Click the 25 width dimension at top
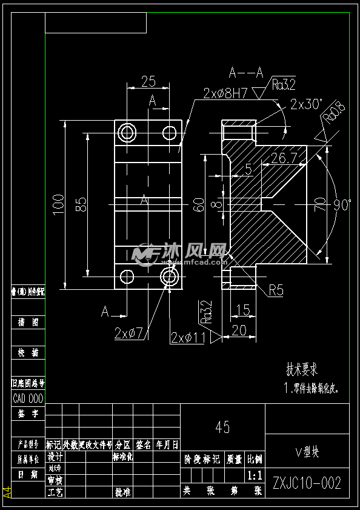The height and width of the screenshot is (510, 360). pyautogui.click(x=148, y=81)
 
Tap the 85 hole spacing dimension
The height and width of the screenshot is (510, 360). pyautogui.click(x=81, y=204)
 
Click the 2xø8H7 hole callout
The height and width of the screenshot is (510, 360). pyautogui.click(x=226, y=93)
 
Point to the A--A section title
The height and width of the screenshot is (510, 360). pyautogui.click(x=246, y=73)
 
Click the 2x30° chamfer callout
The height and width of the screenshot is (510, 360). pyautogui.click(x=307, y=104)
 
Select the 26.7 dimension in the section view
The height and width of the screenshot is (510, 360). pyautogui.click(x=284, y=158)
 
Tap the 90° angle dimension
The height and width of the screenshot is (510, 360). pyautogui.click(x=342, y=205)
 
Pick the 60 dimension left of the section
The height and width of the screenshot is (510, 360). pyautogui.click(x=198, y=205)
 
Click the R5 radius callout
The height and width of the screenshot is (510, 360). pyautogui.click(x=276, y=291)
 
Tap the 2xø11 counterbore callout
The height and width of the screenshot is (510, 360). pyautogui.click(x=188, y=338)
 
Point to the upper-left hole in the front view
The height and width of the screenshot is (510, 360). pyautogui.click(x=127, y=132)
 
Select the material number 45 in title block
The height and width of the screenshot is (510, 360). pyautogui.click(x=222, y=427)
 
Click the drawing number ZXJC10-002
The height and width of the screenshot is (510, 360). pyautogui.click(x=307, y=483)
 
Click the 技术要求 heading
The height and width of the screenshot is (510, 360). pyautogui.click(x=302, y=369)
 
